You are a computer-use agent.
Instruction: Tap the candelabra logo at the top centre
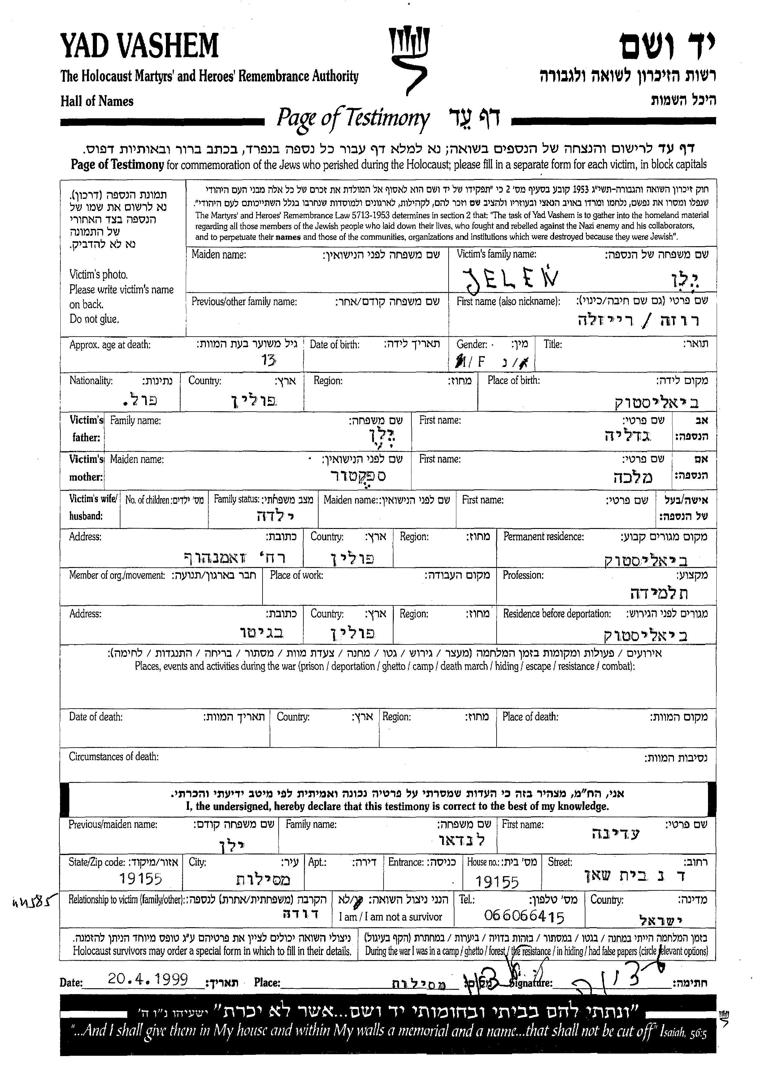(x=408, y=59)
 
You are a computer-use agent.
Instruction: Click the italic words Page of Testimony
(x=353, y=118)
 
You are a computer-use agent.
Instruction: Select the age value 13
(x=268, y=361)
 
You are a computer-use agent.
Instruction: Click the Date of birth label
(x=334, y=344)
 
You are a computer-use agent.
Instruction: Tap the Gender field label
(x=471, y=344)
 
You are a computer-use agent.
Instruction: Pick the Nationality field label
(x=91, y=380)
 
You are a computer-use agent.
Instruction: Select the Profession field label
(x=523, y=575)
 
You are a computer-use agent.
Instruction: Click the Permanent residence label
(x=543, y=536)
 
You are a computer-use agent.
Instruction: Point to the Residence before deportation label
(x=556, y=614)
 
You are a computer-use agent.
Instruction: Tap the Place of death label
(x=530, y=716)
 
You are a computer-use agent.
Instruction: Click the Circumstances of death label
(x=114, y=757)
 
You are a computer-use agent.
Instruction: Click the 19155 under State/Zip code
(x=141, y=879)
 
